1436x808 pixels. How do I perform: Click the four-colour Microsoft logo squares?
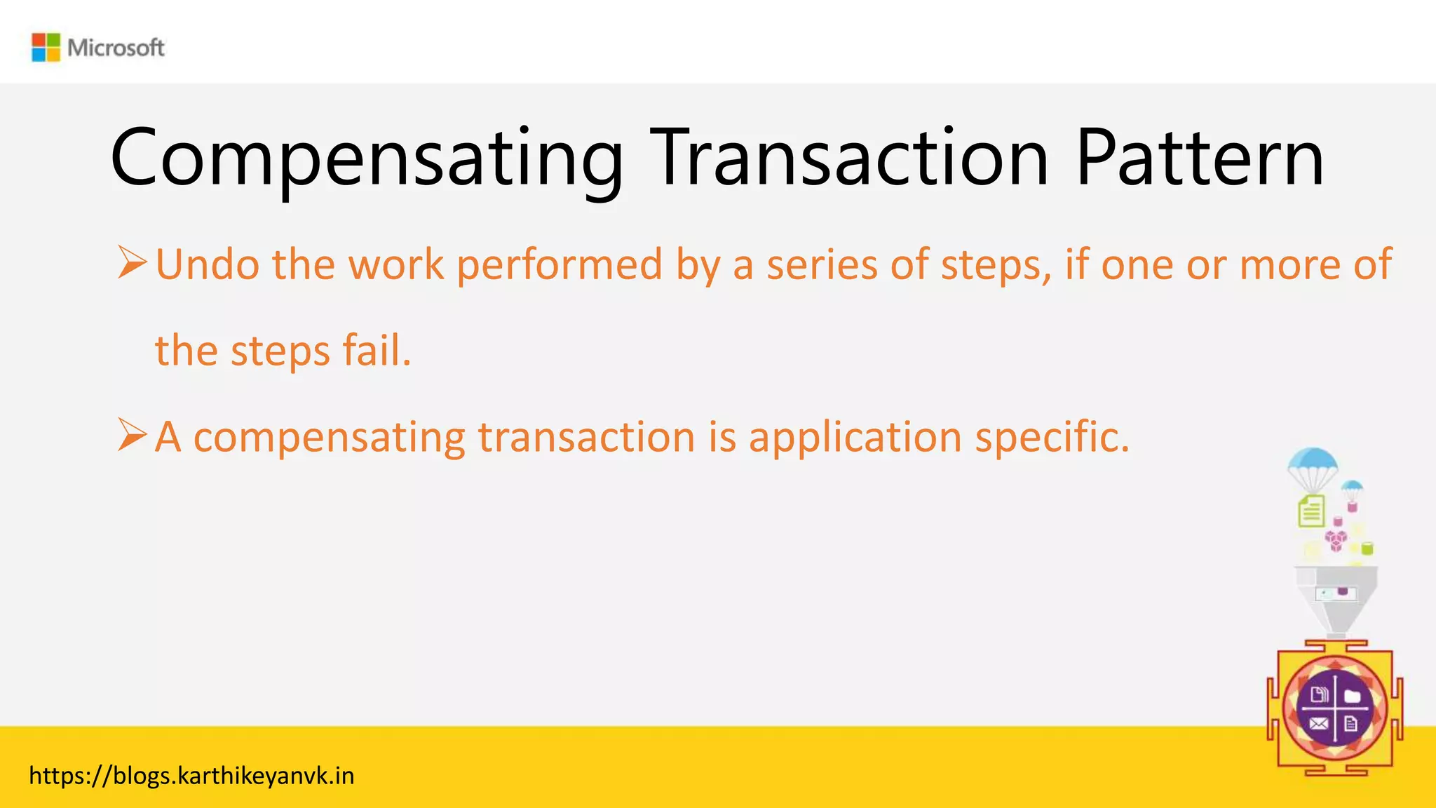46,48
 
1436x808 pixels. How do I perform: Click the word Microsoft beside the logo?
116,48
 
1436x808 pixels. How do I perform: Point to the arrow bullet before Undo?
132,262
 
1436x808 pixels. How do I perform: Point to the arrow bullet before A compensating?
132,435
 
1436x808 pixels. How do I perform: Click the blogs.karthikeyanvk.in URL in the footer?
191,776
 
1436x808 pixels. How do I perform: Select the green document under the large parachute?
1311,511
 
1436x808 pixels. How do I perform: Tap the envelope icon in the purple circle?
1318,724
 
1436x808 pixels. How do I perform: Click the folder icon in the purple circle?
1353,696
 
